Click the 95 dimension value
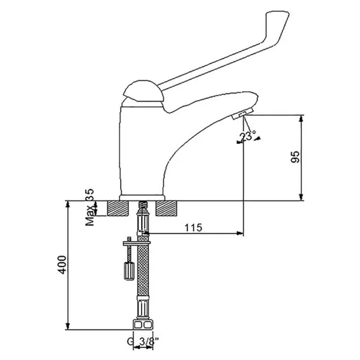coord(295,157)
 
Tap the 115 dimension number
coord(193,228)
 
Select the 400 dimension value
coord(62,265)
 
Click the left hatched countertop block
coord(118,208)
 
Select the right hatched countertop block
coord(166,208)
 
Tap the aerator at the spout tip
coord(242,114)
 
